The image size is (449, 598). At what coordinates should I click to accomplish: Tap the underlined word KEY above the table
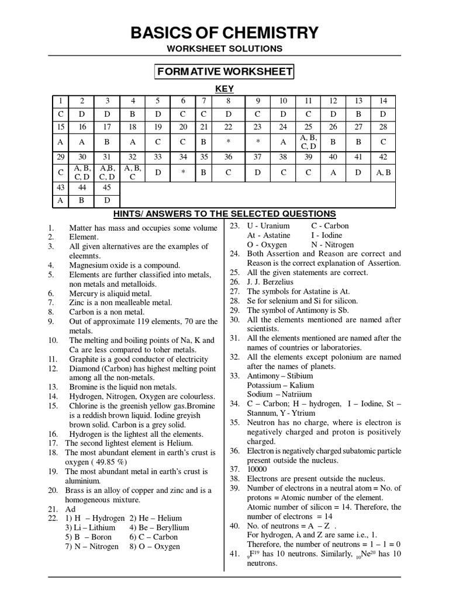pos(224,88)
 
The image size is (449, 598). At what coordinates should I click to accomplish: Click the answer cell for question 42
pos(383,172)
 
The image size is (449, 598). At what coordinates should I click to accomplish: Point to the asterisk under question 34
pos(183,173)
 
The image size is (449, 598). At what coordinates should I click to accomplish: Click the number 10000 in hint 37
pos(259,469)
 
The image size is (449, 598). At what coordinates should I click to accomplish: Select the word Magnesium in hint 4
pos(89,265)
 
